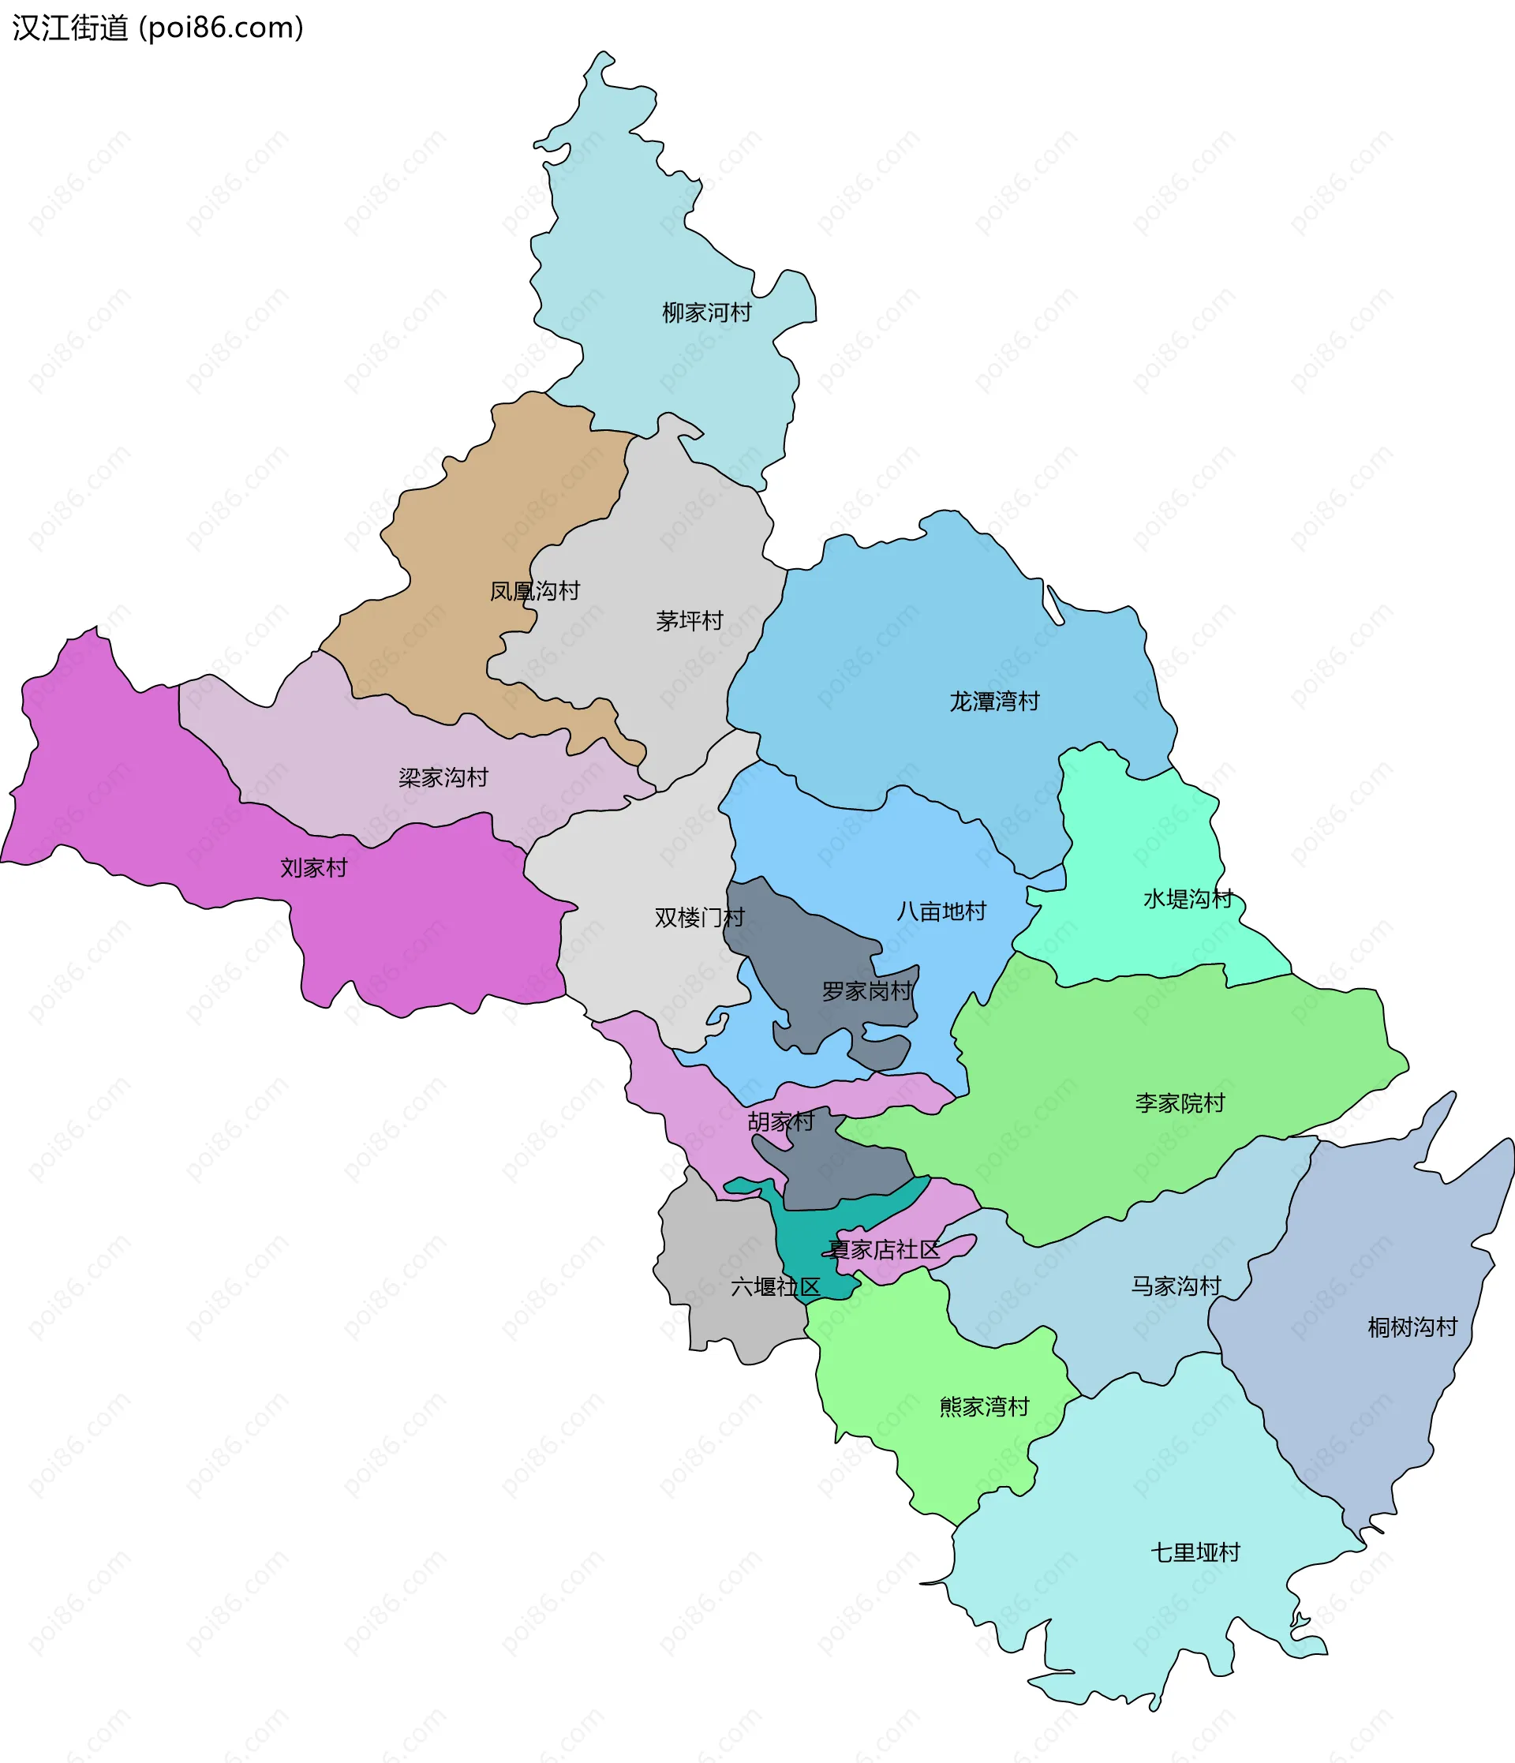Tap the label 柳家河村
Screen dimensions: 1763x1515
[707, 313]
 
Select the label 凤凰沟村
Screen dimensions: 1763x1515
[534, 591]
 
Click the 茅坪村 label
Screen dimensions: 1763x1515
[689, 621]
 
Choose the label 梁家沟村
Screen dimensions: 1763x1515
[443, 777]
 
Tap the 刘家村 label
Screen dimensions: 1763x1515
[314, 868]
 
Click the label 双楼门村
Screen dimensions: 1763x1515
[699, 917]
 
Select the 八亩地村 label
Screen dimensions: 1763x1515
[941, 911]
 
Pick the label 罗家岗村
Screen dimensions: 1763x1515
[866, 991]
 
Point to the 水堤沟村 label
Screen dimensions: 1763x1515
[1188, 899]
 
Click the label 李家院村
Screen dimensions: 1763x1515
[1180, 1103]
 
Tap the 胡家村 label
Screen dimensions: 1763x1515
[780, 1121]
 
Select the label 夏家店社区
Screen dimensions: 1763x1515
[884, 1250]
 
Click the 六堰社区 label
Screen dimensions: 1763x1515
[775, 1287]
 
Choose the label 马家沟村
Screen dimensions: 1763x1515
[1176, 1286]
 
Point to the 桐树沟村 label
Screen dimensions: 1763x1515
[1412, 1327]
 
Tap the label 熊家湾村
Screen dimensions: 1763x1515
[984, 1406]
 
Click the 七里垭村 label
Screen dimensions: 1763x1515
[1195, 1553]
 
